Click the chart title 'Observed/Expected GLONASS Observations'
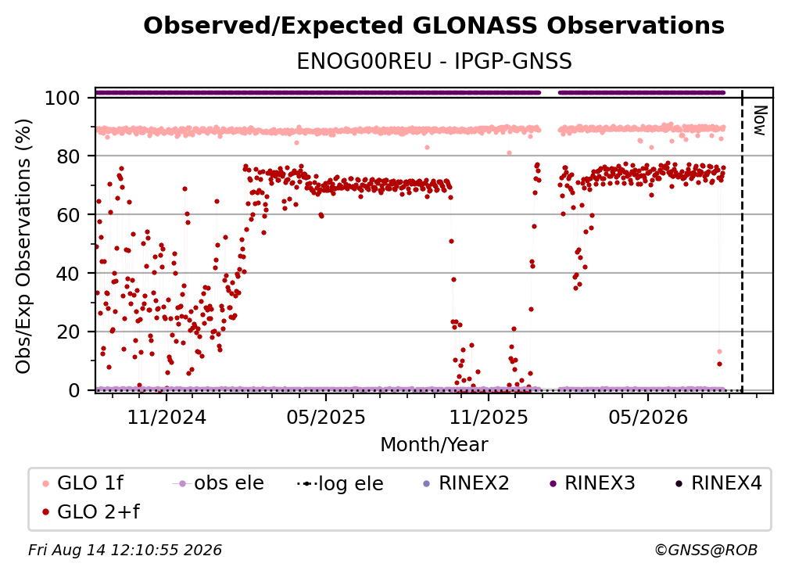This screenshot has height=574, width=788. click(434, 26)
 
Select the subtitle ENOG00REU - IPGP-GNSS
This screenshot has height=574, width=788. click(434, 61)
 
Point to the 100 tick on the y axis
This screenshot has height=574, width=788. click(62, 98)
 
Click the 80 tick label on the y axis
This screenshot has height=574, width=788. click(68, 156)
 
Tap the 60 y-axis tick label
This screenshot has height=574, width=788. click(68, 214)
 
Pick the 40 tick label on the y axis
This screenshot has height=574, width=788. click(68, 274)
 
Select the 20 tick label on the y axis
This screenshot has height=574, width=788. click(68, 332)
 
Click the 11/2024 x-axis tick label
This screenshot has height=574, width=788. click(167, 417)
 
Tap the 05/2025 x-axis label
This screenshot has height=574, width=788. click(326, 417)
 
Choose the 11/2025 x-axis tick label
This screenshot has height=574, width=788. click(489, 417)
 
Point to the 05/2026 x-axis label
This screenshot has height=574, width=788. click(648, 417)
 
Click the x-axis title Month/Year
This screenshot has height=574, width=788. click(434, 444)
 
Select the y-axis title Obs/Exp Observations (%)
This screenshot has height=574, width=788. click(23, 246)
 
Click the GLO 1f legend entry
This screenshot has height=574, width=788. click(83, 483)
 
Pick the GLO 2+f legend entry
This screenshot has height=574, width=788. click(91, 511)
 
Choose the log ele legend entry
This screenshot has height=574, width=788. click(340, 483)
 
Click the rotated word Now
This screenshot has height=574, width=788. click(759, 120)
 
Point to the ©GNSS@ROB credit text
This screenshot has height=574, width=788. click(706, 550)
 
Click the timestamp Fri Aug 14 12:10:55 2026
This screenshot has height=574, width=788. click(125, 550)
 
